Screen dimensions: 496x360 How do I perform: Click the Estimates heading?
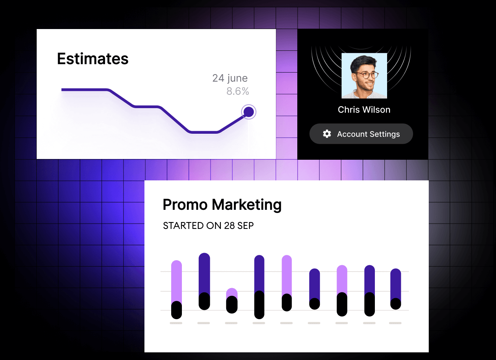click(x=92, y=59)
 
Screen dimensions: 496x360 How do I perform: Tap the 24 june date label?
click(x=230, y=78)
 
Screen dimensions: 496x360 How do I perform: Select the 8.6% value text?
click(x=238, y=91)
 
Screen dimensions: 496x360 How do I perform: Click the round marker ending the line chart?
click(x=249, y=112)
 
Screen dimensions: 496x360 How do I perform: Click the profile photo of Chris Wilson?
click(x=364, y=76)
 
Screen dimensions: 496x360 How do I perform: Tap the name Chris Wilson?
click(x=364, y=110)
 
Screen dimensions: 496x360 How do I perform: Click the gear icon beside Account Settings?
click(x=327, y=134)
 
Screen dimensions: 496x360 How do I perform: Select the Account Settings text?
click(x=368, y=134)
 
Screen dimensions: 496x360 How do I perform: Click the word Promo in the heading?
click(x=185, y=204)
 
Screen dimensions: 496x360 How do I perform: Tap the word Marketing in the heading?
click(x=247, y=205)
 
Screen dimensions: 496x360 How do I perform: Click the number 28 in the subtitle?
click(x=229, y=225)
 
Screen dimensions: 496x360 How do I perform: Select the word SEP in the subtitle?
click(x=245, y=225)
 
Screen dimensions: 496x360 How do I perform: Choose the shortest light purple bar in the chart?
click(x=232, y=292)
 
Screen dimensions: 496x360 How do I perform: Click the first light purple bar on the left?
click(x=177, y=281)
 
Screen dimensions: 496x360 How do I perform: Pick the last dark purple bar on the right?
click(x=396, y=284)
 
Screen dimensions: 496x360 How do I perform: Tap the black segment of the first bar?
click(x=177, y=310)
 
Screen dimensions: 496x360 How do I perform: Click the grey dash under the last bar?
click(x=395, y=323)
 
